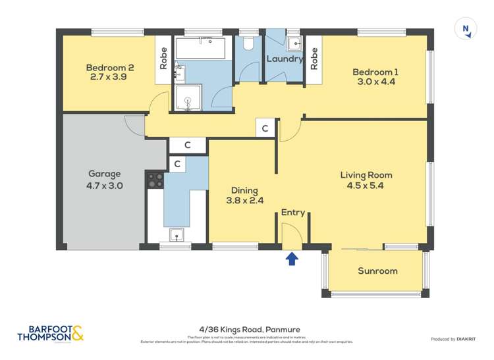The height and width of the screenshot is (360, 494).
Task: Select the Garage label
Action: [104, 174]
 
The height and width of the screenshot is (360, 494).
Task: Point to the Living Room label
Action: [366, 175]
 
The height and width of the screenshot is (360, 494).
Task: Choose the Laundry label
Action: [284, 59]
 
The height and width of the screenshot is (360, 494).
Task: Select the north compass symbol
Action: [466, 29]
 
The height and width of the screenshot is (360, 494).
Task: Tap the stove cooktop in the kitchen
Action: [155, 180]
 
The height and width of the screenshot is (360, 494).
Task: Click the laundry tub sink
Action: [294, 43]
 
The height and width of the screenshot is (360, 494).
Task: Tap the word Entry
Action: [292, 213]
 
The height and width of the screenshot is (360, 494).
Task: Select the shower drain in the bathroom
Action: [188, 101]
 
